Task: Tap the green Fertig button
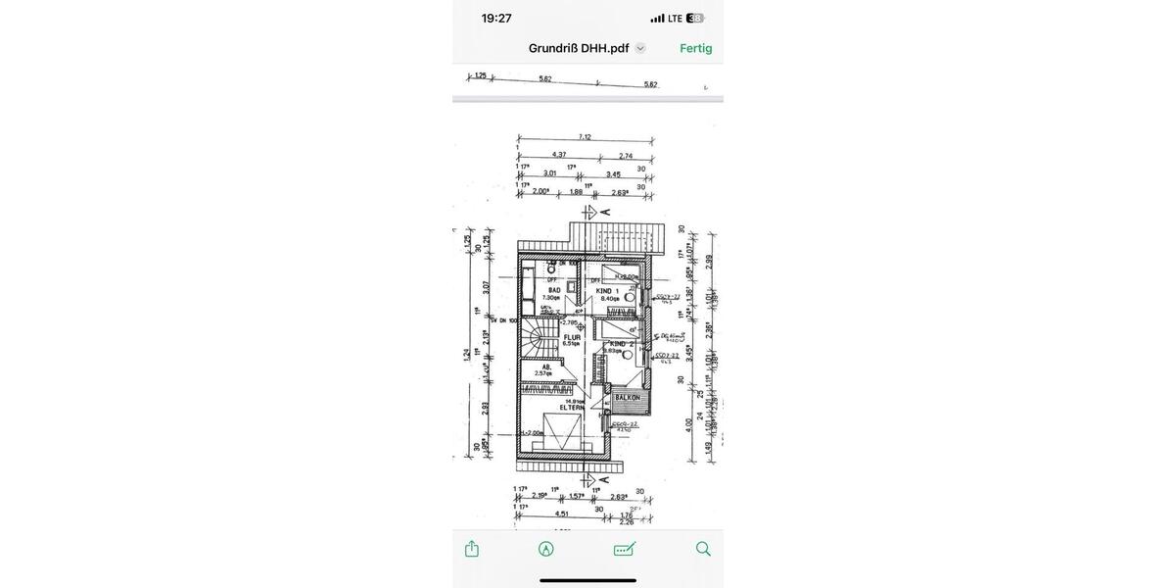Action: pyautogui.click(x=695, y=48)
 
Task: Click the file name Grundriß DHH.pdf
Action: pyautogui.click(x=579, y=48)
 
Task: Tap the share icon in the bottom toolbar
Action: pyautogui.click(x=472, y=549)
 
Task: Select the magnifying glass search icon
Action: pyautogui.click(x=703, y=549)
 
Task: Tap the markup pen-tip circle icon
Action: pyautogui.click(x=546, y=549)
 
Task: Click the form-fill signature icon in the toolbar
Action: pyautogui.click(x=625, y=549)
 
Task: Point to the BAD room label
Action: pyautogui.click(x=554, y=290)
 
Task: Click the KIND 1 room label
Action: pyautogui.click(x=607, y=291)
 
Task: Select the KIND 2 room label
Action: pyautogui.click(x=621, y=344)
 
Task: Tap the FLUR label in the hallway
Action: pyautogui.click(x=572, y=337)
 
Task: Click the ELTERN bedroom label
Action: pyautogui.click(x=572, y=407)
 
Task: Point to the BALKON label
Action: pyautogui.click(x=628, y=398)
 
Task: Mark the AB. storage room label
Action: pyautogui.click(x=546, y=367)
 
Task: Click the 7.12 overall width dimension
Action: pyautogui.click(x=585, y=137)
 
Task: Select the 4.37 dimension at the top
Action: pyautogui.click(x=559, y=155)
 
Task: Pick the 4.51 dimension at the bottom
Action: pyautogui.click(x=562, y=513)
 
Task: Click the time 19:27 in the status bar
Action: pyautogui.click(x=496, y=18)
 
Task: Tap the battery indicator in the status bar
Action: pyautogui.click(x=695, y=18)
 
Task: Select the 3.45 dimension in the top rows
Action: pyautogui.click(x=613, y=174)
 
